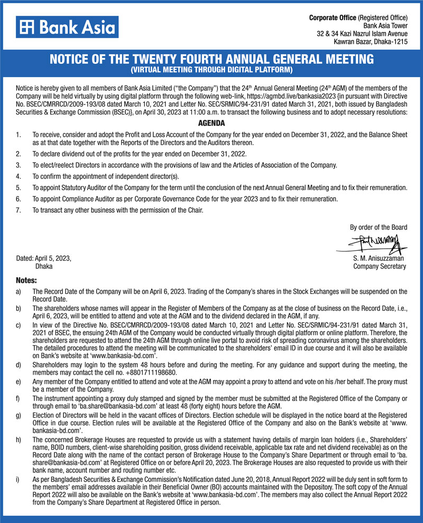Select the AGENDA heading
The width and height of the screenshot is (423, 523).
(x=212, y=123)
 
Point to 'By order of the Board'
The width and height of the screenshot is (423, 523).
(x=379, y=227)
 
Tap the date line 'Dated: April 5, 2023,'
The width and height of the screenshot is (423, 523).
(x=44, y=259)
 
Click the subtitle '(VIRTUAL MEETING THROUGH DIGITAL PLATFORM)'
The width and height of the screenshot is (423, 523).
(x=212, y=70)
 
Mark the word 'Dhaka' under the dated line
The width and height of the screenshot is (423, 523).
(x=44, y=267)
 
